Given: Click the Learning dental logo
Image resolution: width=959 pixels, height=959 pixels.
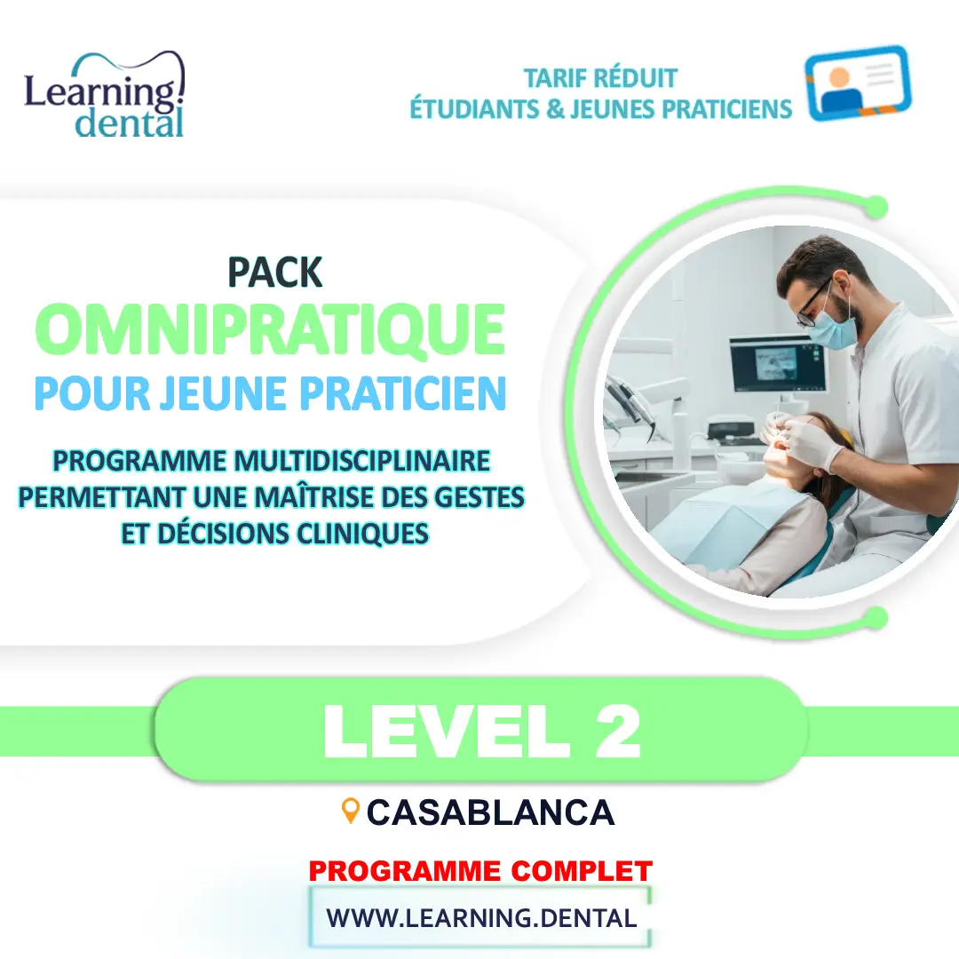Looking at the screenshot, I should tap(105, 96).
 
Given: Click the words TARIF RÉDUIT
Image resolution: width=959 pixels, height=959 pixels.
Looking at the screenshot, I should tap(600, 78).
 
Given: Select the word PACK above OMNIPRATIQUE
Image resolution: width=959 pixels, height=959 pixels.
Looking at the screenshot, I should tap(274, 273).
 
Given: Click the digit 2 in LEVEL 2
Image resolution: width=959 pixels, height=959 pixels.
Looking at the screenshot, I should tap(614, 731).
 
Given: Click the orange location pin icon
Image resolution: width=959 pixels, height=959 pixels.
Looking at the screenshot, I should tap(351, 809).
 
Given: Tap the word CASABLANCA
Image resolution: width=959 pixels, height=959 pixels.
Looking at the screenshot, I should tap(490, 812).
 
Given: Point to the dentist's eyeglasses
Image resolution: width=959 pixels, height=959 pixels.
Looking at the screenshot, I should tap(815, 306).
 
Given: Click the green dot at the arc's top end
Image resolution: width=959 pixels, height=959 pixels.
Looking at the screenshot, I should tap(876, 208).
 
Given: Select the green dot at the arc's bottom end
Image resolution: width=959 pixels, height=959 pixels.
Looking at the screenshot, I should tap(876, 617).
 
